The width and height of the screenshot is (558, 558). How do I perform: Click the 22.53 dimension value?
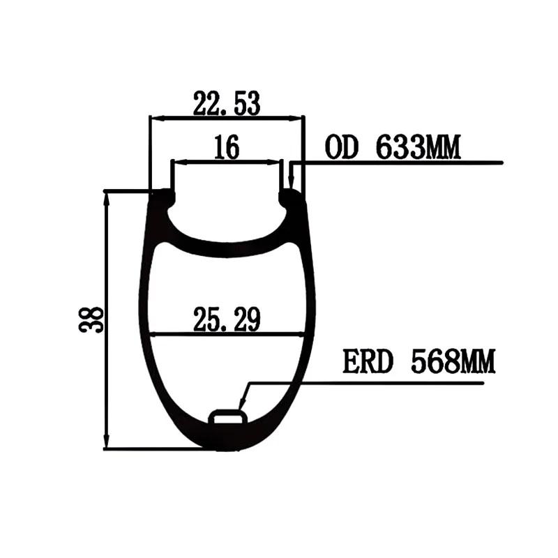[227, 103]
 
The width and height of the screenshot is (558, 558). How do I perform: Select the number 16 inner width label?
[227, 147]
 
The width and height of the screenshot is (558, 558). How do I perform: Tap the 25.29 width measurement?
[227, 319]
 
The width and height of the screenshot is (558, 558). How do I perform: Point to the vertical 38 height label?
[91, 319]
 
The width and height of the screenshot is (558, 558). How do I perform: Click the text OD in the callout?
[341, 147]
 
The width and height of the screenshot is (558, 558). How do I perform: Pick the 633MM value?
[418, 147]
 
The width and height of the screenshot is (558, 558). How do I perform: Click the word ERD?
[368, 361]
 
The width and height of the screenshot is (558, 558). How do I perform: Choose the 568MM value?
[453, 361]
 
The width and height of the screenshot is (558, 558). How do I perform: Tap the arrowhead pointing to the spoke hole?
[241, 403]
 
